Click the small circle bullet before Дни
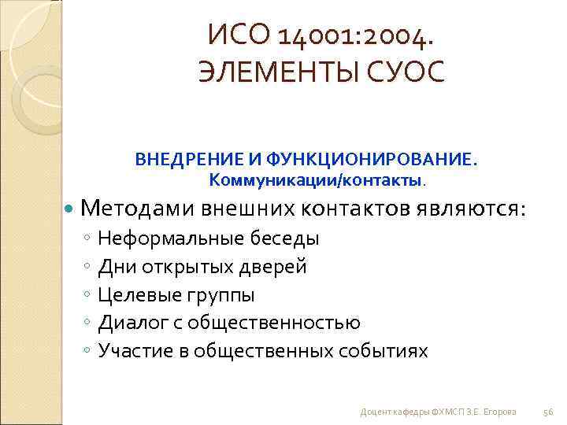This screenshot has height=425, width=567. pyautogui.click(x=87, y=267)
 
